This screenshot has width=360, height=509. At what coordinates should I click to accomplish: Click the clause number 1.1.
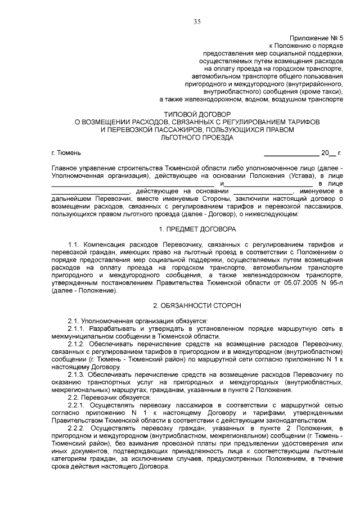click(x=74, y=245)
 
